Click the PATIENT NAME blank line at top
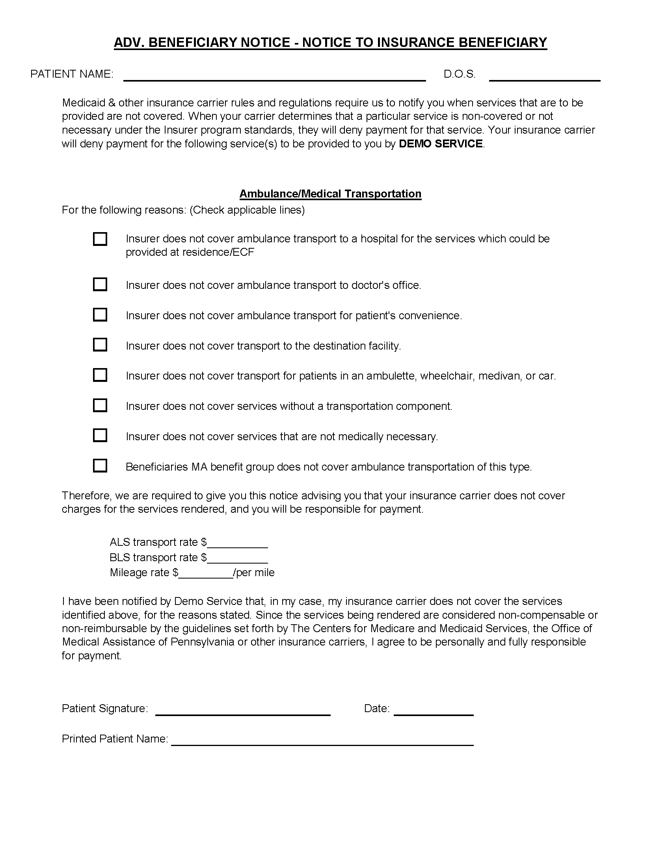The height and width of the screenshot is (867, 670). [x=274, y=77]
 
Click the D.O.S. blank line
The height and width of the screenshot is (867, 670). [x=544, y=77]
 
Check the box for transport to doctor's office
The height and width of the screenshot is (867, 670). [x=100, y=285]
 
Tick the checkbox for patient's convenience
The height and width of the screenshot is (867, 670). [x=100, y=315]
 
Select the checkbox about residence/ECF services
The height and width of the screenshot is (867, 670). [x=100, y=239]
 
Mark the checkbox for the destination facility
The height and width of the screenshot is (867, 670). [x=100, y=345]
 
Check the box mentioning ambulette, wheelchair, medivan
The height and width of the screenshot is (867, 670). [x=100, y=375]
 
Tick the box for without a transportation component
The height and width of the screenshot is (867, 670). [x=100, y=405]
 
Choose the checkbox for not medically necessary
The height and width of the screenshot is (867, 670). [x=100, y=435]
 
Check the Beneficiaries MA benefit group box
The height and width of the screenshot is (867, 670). [x=100, y=466]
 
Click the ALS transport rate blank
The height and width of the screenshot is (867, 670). [x=237, y=544]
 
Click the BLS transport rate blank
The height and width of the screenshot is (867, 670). [x=237, y=559]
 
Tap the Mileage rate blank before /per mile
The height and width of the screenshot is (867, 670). [x=206, y=574]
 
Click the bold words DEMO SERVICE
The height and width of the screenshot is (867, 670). [x=441, y=144]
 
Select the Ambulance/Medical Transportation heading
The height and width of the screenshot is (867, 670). [x=330, y=194]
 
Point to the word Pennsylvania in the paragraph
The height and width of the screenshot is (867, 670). [x=203, y=642]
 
